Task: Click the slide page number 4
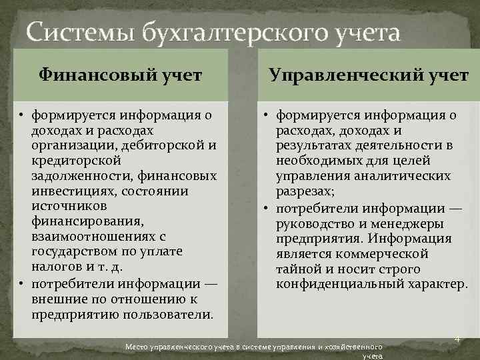click(458, 339)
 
